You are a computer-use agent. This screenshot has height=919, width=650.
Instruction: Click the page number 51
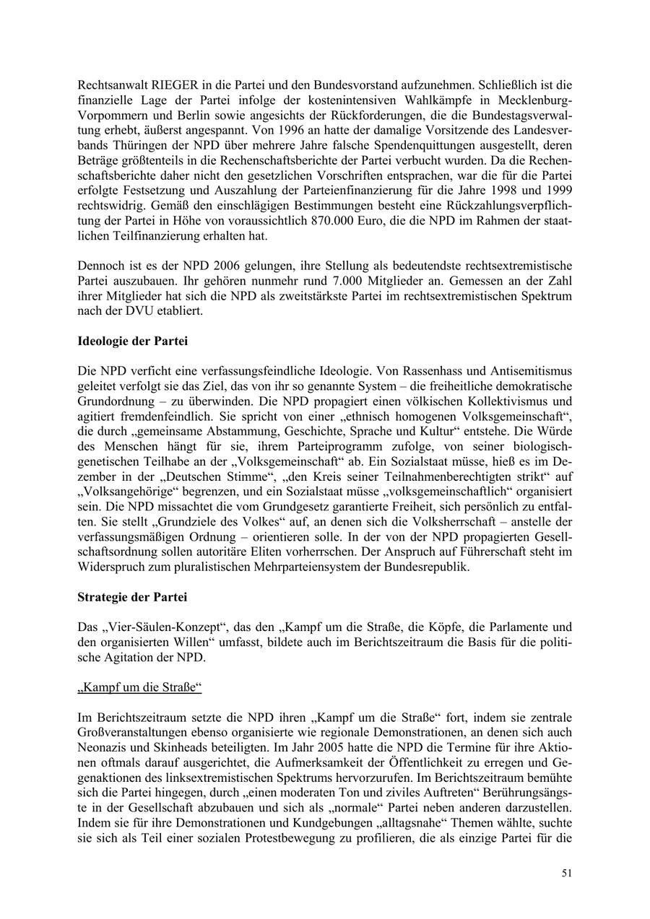[x=567, y=873]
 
